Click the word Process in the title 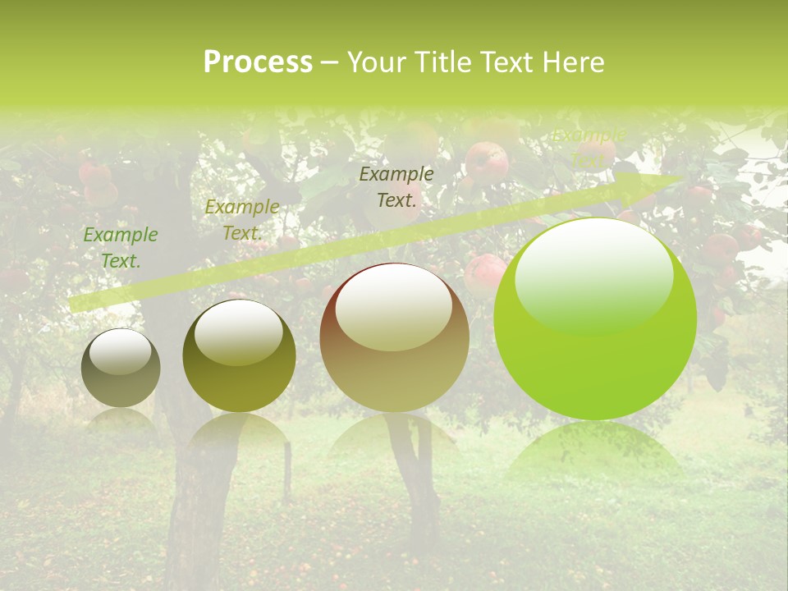(x=258, y=62)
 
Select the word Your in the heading (x=378, y=62)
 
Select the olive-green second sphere (x=239, y=373)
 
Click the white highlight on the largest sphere (x=593, y=267)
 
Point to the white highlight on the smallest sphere (x=120, y=350)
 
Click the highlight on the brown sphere (x=393, y=308)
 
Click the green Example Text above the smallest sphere (x=120, y=248)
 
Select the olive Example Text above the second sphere (x=241, y=220)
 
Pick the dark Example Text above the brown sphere (x=396, y=186)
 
